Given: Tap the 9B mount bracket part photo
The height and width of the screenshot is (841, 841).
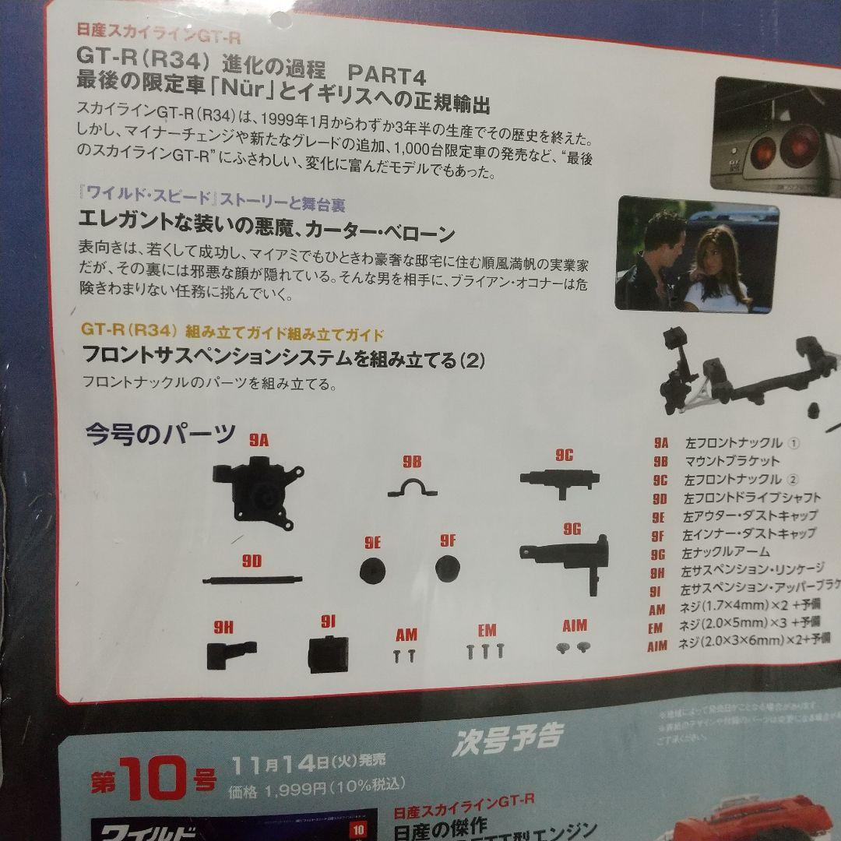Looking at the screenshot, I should coord(412,488).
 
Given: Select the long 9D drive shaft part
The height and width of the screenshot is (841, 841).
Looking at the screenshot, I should coord(252,579).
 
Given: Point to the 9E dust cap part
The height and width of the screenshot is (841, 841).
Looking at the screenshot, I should coord(372,570).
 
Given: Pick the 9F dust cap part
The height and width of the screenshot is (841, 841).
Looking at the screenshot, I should coord(447,568).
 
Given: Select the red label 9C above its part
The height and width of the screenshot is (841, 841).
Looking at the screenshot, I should coord(564,456).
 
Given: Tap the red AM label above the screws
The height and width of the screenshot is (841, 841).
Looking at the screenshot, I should coord(406,634).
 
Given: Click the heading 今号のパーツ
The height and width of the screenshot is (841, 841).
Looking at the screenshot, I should coord(160,433).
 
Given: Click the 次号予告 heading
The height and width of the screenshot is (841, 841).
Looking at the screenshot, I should coord(506,736).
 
